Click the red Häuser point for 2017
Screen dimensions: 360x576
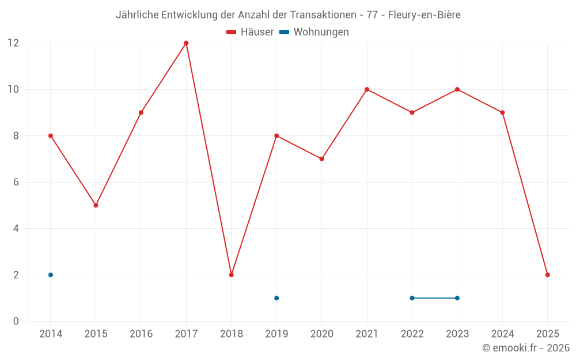tap(186, 43)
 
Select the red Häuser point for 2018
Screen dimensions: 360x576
tap(232, 275)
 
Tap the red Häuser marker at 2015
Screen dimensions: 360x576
tap(96, 205)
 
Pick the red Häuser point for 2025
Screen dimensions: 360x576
tap(548, 275)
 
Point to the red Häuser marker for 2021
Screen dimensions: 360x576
tap(367, 89)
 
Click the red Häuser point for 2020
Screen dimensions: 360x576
tap(322, 159)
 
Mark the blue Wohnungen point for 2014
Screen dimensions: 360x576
tap(51, 275)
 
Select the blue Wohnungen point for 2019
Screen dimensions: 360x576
tap(276, 298)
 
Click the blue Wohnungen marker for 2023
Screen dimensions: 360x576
tap(457, 298)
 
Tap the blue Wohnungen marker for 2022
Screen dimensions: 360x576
tap(412, 298)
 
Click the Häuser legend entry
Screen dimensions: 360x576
tap(251, 32)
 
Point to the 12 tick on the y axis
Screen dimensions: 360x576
tap(13, 43)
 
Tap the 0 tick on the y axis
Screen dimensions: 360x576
tap(16, 321)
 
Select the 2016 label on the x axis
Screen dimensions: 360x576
tap(141, 334)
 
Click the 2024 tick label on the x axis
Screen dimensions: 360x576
tap(502, 334)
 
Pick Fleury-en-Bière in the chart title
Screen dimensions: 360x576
tap(424, 15)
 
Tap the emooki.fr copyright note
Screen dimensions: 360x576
tap(526, 348)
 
